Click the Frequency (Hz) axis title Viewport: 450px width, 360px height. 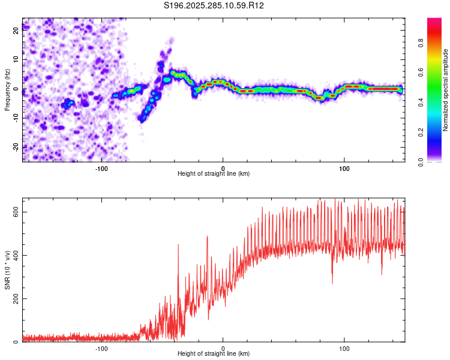coord(8,90)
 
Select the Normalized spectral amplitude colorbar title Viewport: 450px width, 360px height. coord(446,90)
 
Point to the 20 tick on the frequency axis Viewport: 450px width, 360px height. coord(16,32)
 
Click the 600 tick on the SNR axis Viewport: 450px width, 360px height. coord(16,212)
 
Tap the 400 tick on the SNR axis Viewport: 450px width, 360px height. coord(16,255)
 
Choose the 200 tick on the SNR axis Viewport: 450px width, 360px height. coord(16,298)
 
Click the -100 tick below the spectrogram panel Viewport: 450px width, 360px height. coord(101,167)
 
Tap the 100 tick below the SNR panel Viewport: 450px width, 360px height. coord(344,347)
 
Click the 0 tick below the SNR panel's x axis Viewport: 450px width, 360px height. coord(223,347)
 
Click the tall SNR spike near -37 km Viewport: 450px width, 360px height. coord(178,246)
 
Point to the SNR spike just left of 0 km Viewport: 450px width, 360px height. coord(207,238)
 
